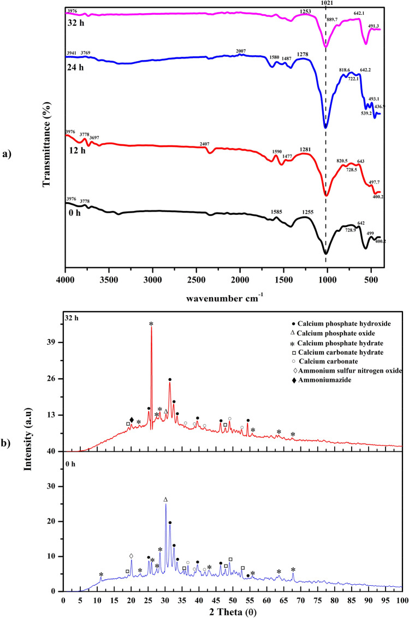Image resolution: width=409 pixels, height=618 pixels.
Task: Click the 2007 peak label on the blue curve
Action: click(240, 51)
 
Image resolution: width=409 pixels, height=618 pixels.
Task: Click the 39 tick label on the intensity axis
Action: click(53, 343)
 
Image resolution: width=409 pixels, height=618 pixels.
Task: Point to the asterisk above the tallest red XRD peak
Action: click(151, 324)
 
